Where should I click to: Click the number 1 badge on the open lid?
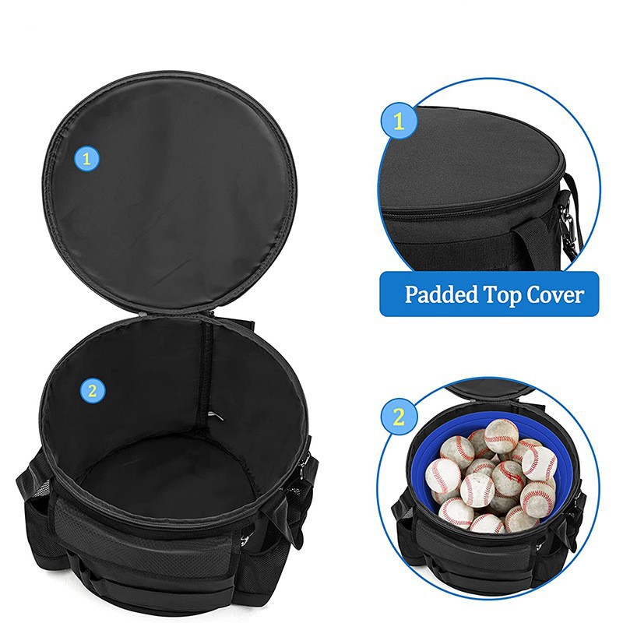coord(86,159)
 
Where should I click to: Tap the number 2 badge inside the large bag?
coord(92,391)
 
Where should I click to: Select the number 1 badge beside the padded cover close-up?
coord(399,121)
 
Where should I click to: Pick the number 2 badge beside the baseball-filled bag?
coord(399,417)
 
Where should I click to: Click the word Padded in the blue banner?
coord(441,295)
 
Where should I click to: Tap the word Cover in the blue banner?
coord(555,295)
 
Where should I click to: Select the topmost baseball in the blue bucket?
coord(501,436)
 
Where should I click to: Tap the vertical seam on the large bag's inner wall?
coord(207,374)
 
